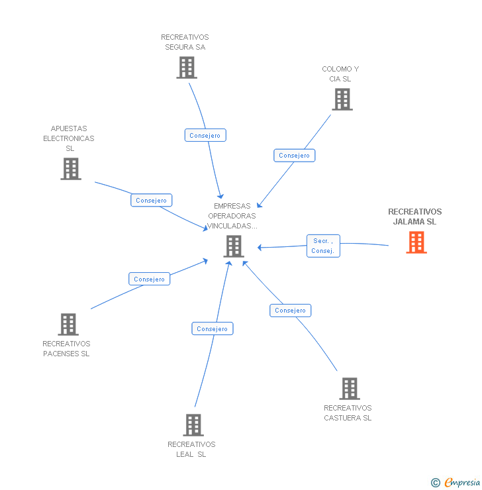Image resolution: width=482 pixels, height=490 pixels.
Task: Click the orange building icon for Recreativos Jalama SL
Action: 416,242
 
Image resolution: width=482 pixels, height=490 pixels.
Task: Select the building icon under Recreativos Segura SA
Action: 187,68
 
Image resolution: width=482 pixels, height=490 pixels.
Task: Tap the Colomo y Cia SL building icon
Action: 342,99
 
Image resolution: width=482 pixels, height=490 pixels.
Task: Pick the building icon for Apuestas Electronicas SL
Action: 71,169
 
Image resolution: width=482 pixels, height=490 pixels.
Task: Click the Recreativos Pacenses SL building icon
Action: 68,324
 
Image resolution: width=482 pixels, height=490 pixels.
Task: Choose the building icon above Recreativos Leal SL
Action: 193,425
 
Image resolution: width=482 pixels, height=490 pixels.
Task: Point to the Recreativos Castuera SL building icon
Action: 349,389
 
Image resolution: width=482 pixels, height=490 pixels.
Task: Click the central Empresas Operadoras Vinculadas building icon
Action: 234,246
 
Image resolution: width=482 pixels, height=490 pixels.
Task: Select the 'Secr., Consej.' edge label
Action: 323,246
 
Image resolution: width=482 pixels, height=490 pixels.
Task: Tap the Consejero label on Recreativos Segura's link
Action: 205,135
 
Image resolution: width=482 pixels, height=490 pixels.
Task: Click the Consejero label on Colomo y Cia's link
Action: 295,156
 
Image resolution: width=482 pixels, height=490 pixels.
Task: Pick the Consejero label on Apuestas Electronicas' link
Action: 152,200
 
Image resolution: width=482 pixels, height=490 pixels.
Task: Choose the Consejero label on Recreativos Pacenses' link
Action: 150,279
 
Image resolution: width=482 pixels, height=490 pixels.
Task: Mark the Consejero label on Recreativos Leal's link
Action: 213,328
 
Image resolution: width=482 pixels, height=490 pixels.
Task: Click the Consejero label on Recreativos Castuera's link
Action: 290,310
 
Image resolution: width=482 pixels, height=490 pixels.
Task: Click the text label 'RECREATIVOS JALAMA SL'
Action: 414,217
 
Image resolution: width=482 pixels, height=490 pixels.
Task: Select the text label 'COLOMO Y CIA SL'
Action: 340,73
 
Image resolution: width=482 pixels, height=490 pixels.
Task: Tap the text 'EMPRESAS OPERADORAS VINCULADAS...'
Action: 232,216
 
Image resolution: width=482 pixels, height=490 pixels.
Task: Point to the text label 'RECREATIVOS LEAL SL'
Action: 191,449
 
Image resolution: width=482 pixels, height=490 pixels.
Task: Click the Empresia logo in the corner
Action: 456,483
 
